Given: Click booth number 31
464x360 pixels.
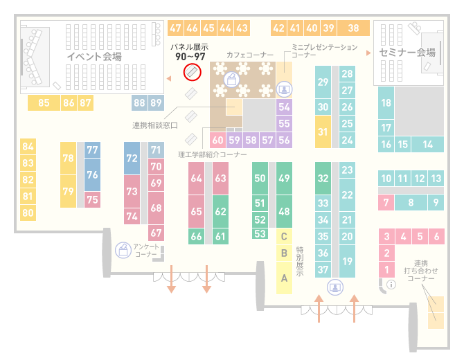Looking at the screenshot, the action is coord(323,132).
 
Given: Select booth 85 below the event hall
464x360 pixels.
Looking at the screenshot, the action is coord(44,102).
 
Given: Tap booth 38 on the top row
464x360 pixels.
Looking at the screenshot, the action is coord(354,28).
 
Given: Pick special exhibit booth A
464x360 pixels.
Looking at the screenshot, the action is coord(284,278).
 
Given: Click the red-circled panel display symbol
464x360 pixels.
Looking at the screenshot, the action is coord(192,72).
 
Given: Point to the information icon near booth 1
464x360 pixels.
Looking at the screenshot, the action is coord(391,285).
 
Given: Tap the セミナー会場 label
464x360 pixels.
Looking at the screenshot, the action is coord(407,53).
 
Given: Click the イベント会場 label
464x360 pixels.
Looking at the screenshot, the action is coord(94,57).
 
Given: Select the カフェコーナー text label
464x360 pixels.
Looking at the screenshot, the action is coord(250,55).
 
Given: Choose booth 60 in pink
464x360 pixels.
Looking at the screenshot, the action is coord(217,140).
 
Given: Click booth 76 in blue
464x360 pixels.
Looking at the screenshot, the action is coord(92,174).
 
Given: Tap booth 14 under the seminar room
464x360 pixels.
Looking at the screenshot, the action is coord(427,145).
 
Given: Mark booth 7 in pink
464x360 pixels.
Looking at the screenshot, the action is coord(386,202).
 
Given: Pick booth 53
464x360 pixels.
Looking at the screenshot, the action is coord(260,234).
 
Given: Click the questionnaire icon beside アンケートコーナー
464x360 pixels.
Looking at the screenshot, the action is coord(123,250).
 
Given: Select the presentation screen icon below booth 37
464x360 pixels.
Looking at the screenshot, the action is coord(335,287).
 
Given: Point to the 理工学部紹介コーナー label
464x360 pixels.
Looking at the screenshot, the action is coord(212,154).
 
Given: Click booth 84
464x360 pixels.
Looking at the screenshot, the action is coord(28,147).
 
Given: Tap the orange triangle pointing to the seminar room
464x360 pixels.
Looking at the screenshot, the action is coord(368,53).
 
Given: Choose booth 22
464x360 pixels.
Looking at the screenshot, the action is coord(347,195).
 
